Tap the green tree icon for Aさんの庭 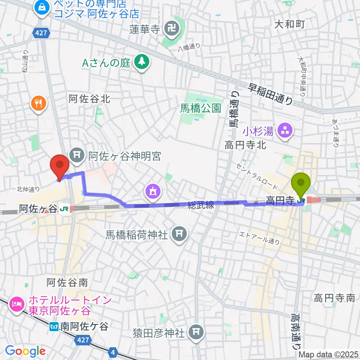141,62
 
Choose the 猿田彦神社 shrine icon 195,331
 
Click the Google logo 25,351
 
